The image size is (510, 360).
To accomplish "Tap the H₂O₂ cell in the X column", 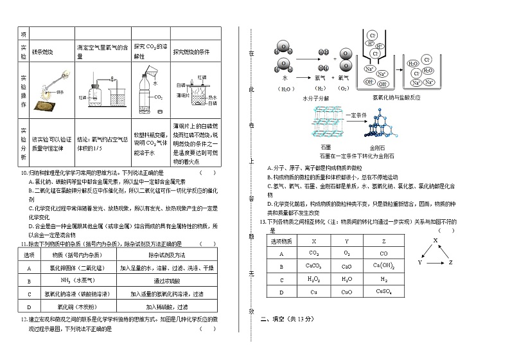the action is (313, 279).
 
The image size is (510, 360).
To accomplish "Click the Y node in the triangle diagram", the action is (420, 263).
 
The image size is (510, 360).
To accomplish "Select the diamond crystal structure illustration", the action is (380, 128).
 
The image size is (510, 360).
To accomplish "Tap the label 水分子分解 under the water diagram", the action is (315, 98).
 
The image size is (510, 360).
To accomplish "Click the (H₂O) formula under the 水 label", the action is (285, 88).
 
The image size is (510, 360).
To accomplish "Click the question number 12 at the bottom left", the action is (23, 319).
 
